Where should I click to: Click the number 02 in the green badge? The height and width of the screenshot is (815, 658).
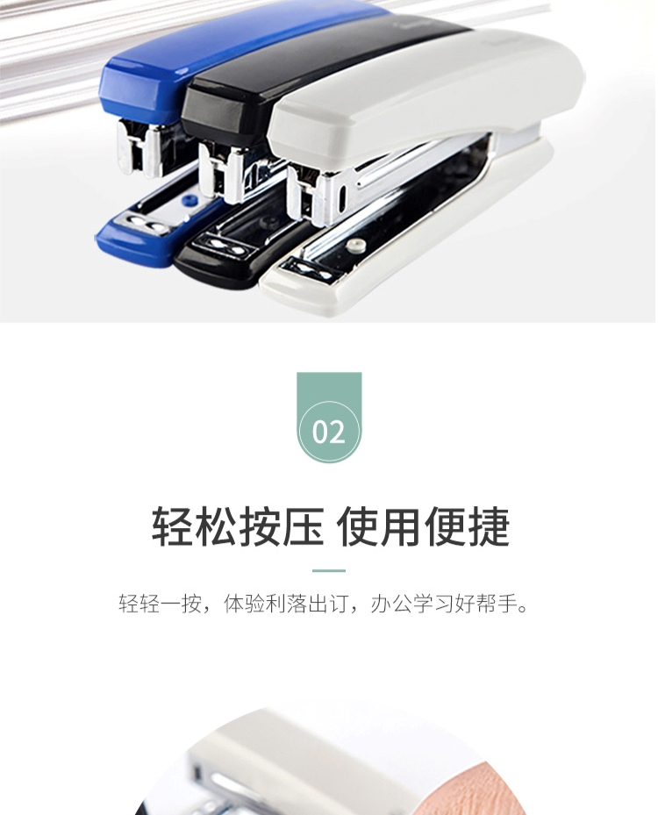328,432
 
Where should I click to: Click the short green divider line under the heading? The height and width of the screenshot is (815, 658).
328,570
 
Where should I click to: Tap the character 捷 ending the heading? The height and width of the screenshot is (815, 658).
489,526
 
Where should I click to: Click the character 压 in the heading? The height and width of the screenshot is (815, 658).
303,526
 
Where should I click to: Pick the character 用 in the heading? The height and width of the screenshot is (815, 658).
401,526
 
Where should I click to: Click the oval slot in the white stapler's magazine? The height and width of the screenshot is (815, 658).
342,196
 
